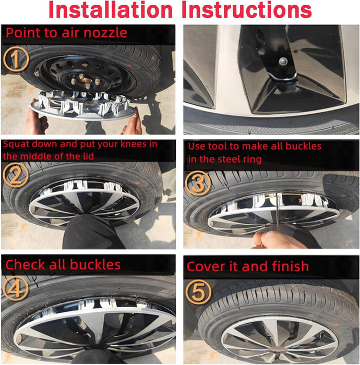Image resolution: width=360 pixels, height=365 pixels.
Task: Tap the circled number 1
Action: click(16, 59)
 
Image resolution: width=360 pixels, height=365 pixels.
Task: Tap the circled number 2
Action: click(16, 176)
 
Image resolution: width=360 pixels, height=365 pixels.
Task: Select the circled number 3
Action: click(199, 182)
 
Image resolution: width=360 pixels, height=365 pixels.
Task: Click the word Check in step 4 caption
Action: click(26, 264)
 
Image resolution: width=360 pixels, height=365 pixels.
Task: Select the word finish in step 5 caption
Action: click(290, 266)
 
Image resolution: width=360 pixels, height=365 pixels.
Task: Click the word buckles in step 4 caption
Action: click(93, 264)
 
